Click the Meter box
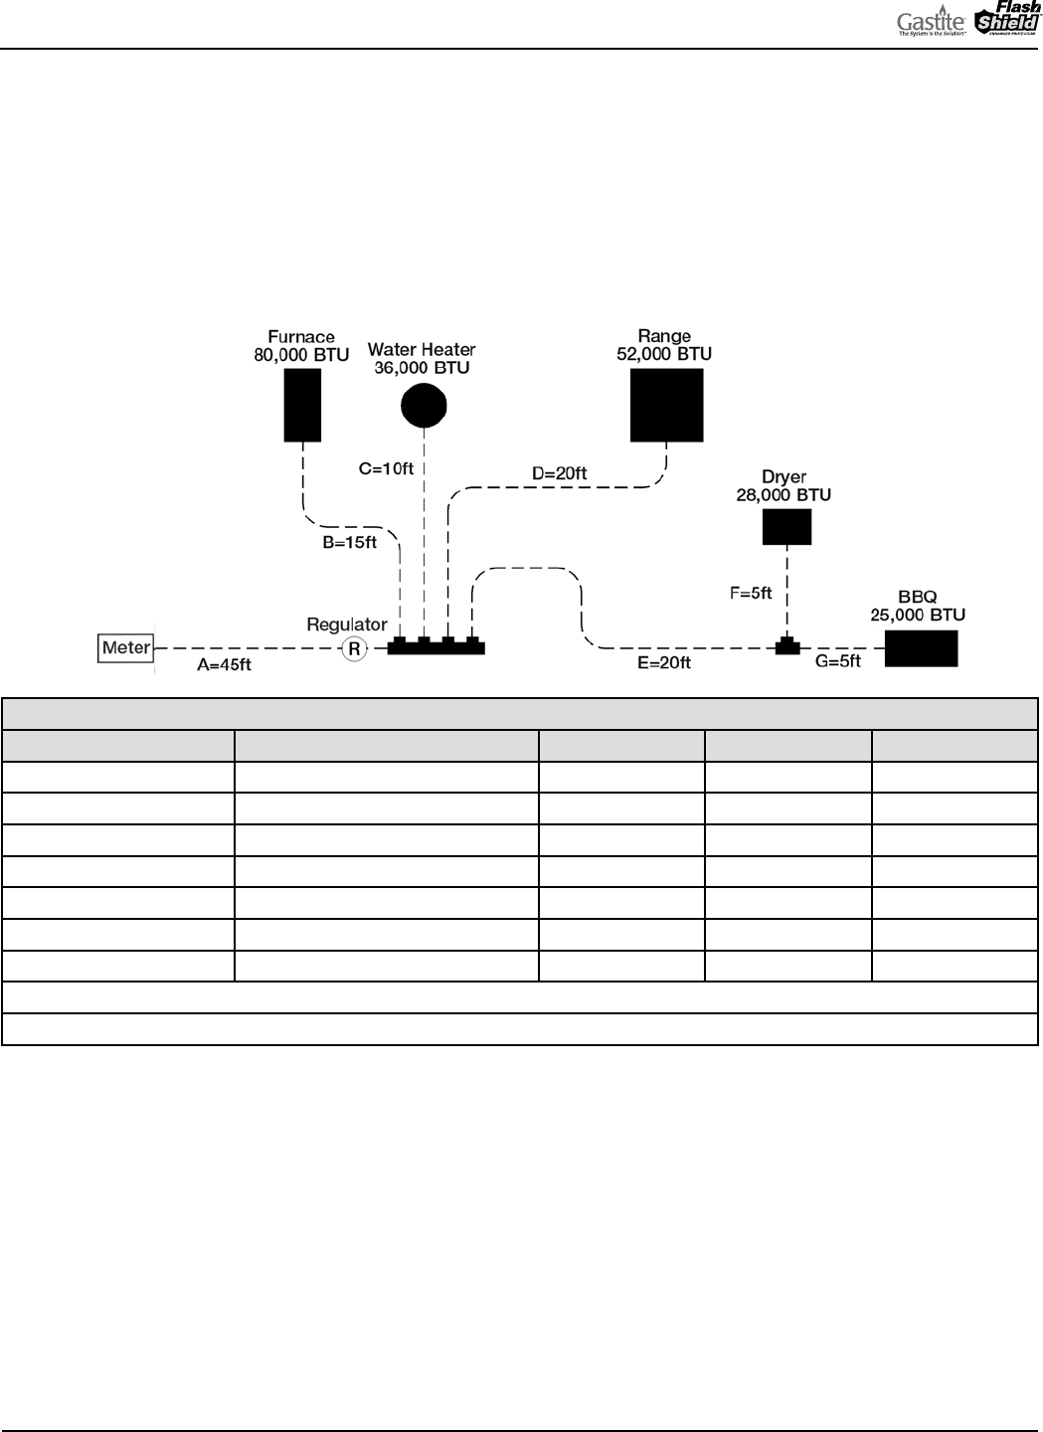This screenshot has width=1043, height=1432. tap(126, 648)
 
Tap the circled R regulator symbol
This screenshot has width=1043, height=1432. tap(353, 649)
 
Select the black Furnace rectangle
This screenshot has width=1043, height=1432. tap(302, 405)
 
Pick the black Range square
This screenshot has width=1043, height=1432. tap(666, 405)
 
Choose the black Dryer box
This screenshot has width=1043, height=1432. tap(786, 526)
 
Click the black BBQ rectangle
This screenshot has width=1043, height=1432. tap(921, 648)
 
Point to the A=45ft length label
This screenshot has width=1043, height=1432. tap(224, 665)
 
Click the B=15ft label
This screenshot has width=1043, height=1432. tap(349, 542)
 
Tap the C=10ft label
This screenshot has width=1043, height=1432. tap(386, 467)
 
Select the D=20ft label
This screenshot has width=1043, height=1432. tap(559, 474)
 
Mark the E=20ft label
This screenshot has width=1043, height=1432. tap(664, 662)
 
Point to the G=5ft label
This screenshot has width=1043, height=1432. tap(838, 660)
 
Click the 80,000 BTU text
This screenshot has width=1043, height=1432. tap(301, 354)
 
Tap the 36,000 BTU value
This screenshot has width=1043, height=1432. tap(422, 367)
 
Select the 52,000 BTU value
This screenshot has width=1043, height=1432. tap(664, 354)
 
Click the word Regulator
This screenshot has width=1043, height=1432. tap(346, 625)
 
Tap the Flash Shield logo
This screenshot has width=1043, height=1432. tap(1006, 20)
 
